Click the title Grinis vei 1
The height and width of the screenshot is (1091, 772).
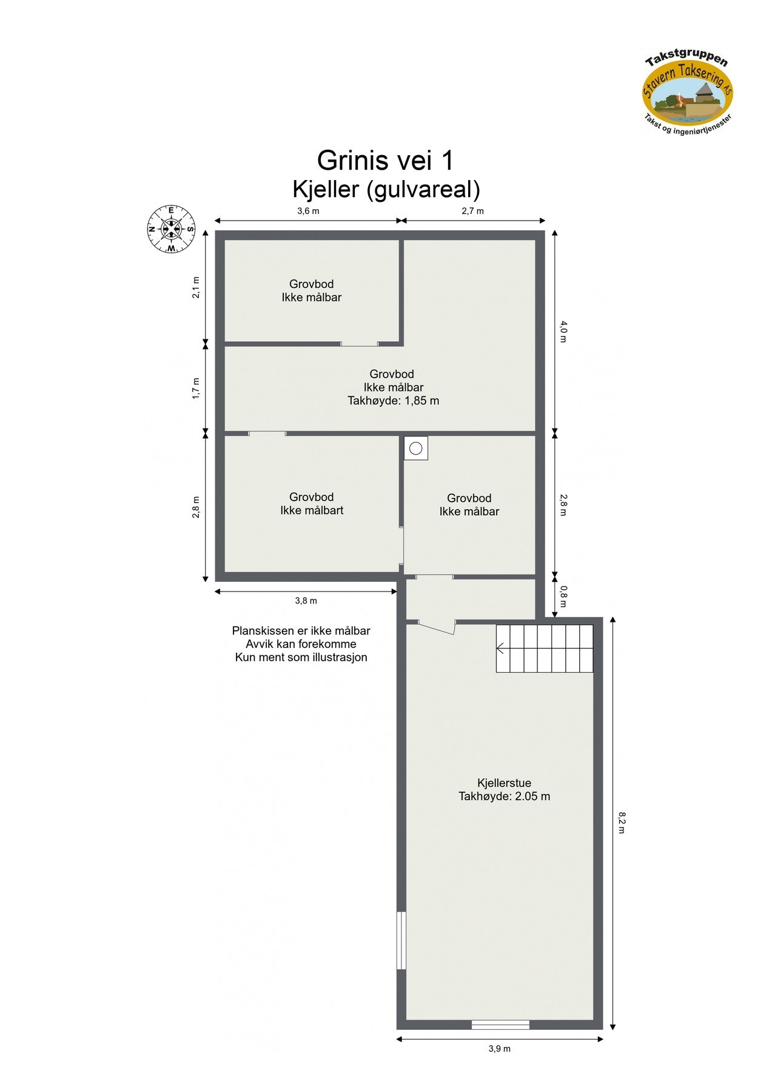(385, 161)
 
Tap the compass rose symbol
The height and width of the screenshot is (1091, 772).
(171, 229)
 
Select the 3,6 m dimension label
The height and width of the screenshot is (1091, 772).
(307, 211)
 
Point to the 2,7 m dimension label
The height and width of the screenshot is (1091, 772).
(472, 211)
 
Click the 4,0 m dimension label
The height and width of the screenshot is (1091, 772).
(563, 332)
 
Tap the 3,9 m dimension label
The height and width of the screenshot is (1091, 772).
(499, 1049)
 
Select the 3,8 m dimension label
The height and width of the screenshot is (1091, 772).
(306, 601)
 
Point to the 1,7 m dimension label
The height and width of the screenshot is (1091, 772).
(196, 388)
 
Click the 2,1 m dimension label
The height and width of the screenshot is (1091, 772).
(196, 287)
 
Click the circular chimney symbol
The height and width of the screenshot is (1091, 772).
(415, 449)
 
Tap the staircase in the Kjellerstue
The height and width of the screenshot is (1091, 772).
(544, 648)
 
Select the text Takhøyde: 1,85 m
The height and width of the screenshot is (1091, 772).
(393, 401)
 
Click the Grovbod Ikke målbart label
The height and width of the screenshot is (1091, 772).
(312, 504)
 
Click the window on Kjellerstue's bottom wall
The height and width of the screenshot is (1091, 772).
(500, 1024)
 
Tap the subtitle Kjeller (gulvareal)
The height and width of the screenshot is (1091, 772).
(386, 190)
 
